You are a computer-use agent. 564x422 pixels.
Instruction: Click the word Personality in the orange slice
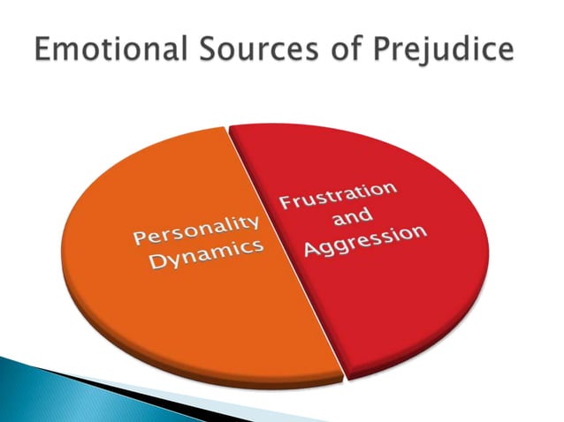(195, 228)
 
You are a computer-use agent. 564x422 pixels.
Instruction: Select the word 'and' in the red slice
(354, 217)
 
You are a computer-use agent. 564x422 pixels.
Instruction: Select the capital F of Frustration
(286, 204)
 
